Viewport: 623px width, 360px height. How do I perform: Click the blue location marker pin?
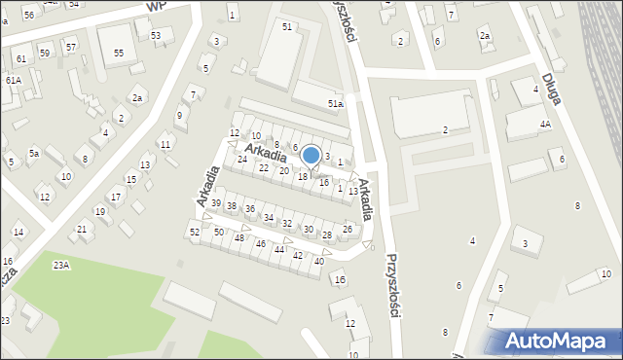click(x=311, y=155)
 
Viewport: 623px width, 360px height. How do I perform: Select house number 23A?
click(x=61, y=266)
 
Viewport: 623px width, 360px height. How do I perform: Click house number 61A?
click(x=13, y=80)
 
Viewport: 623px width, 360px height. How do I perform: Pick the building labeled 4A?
click(x=545, y=125)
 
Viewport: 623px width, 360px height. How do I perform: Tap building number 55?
click(x=119, y=53)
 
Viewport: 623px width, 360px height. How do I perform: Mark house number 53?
click(x=156, y=35)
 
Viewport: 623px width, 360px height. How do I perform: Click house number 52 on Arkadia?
click(x=195, y=232)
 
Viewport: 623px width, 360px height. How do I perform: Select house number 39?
click(x=216, y=202)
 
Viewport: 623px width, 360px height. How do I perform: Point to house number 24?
click(x=242, y=159)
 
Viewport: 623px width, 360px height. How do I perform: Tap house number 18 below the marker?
click(x=303, y=176)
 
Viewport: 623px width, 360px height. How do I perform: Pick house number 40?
click(x=319, y=261)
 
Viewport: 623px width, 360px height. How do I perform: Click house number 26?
click(x=348, y=229)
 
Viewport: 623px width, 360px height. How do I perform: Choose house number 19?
click(x=99, y=211)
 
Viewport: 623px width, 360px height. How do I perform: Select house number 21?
click(x=82, y=229)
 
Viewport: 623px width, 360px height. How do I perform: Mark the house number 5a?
click(x=33, y=153)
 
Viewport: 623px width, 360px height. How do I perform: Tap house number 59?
click(x=45, y=52)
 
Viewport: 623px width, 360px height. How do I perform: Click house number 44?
click(x=279, y=250)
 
